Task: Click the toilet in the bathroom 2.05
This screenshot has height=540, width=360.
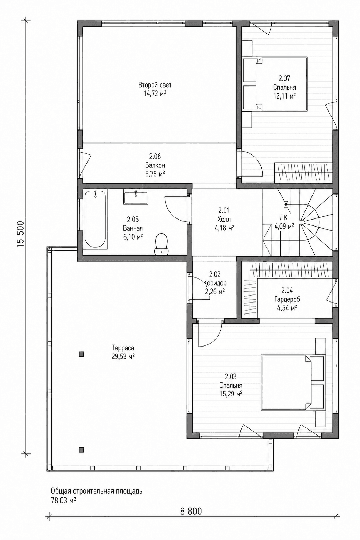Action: tap(161, 244)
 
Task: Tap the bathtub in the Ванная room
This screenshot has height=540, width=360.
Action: tap(95, 219)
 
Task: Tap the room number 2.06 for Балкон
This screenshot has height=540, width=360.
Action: tap(155, 157)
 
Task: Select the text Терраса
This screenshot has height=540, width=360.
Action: tap(123, 348)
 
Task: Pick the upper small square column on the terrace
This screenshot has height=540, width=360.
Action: tap(82, 354)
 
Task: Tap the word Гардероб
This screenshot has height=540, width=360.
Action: tap(287, 300)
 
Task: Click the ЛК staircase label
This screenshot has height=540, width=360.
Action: tap(283, 218)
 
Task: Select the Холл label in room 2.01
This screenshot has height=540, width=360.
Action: tap(224, 219)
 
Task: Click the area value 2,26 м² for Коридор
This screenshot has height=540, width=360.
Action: tap(215, 292)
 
